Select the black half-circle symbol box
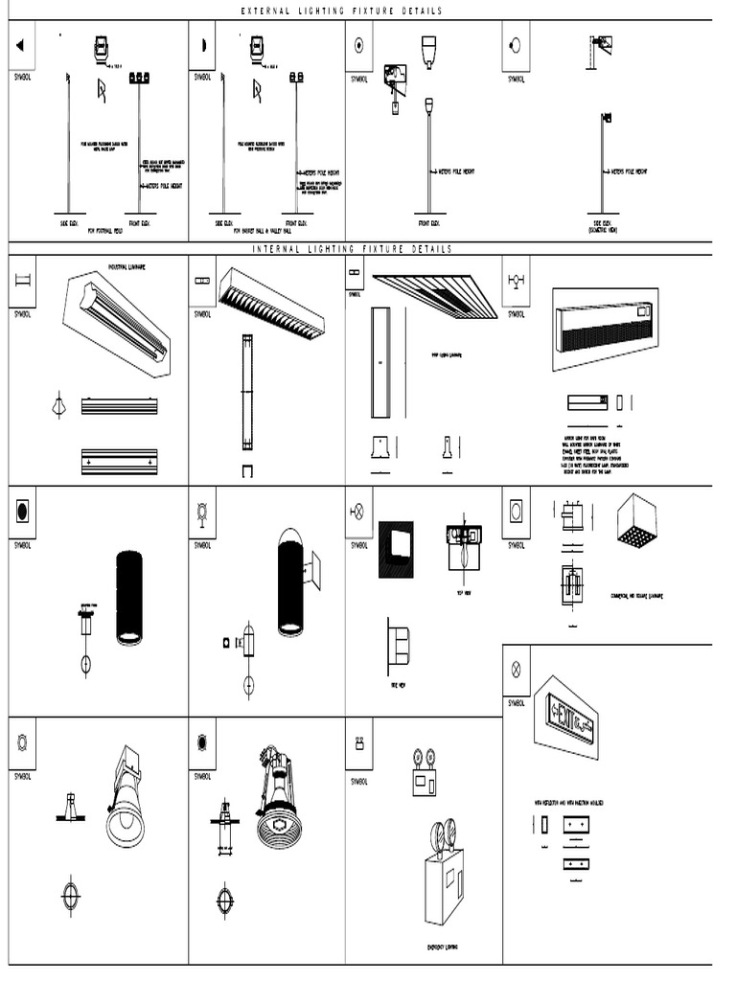(203, 45)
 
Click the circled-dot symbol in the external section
(359, 45)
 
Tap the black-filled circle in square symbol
(22, 512)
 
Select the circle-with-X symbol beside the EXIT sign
(516, 670)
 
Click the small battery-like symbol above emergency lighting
(360, 742)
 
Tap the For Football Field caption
(106, 231)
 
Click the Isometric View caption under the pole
(603, 230)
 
